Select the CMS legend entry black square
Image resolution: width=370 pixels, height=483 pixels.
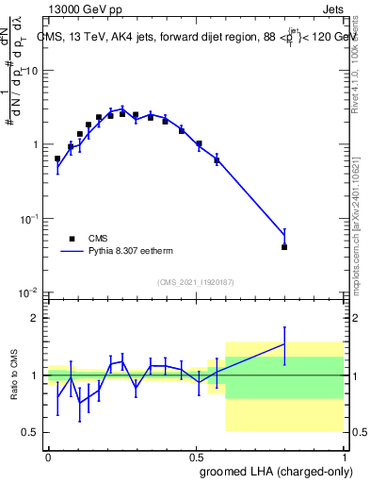point(72,239)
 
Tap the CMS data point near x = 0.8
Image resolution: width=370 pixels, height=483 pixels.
point(284,246)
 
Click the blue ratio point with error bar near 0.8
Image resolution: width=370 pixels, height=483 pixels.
point(284,343)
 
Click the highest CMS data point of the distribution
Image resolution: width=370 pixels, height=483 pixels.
point(122,113)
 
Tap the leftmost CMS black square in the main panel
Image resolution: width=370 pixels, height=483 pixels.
point(57,158)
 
